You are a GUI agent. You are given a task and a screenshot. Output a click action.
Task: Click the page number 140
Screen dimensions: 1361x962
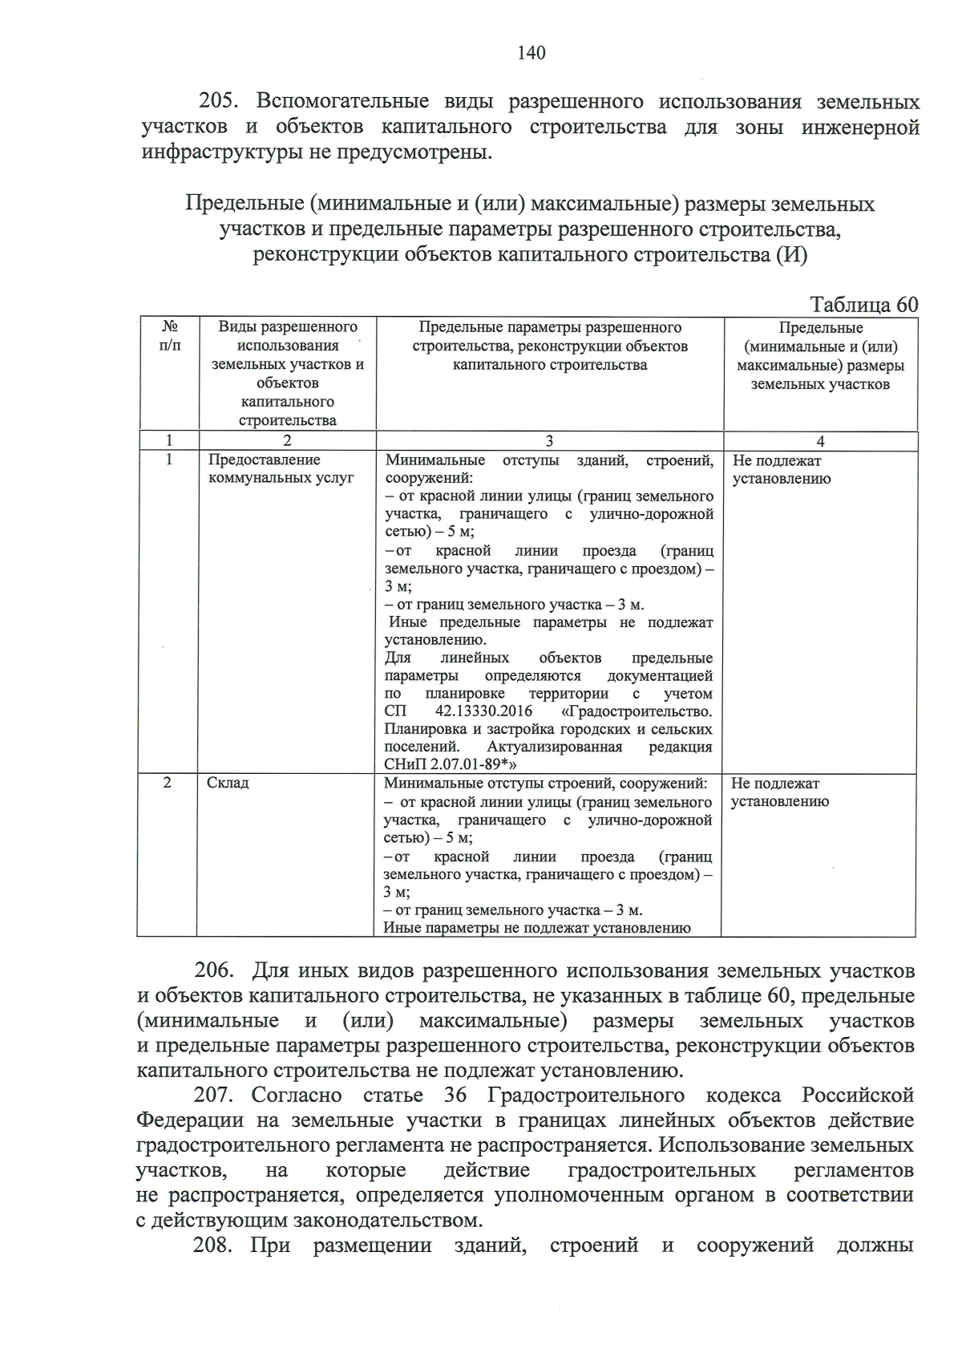(531, 53)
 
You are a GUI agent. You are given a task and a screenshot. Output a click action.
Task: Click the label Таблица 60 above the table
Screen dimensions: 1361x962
(863, 305)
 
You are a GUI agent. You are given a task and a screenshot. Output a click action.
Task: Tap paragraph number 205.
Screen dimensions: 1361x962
(216, 102)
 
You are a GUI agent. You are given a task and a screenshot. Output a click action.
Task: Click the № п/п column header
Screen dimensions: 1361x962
(169, 337)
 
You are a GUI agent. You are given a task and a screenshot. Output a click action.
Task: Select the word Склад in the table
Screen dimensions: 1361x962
(228, 783)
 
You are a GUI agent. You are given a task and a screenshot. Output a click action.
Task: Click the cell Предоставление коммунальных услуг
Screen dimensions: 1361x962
(281, 469)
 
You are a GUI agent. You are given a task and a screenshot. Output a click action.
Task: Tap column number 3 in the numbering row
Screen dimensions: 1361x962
(549, 441)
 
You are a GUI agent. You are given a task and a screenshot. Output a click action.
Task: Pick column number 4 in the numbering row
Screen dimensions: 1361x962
(820, 441)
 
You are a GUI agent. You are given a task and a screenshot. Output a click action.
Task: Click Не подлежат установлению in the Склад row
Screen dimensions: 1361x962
(779, 792)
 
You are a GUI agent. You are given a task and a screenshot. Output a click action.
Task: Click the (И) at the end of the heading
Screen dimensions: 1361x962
(790, 256)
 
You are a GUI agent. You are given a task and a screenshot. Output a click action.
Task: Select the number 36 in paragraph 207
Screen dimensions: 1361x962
(454, 1095)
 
